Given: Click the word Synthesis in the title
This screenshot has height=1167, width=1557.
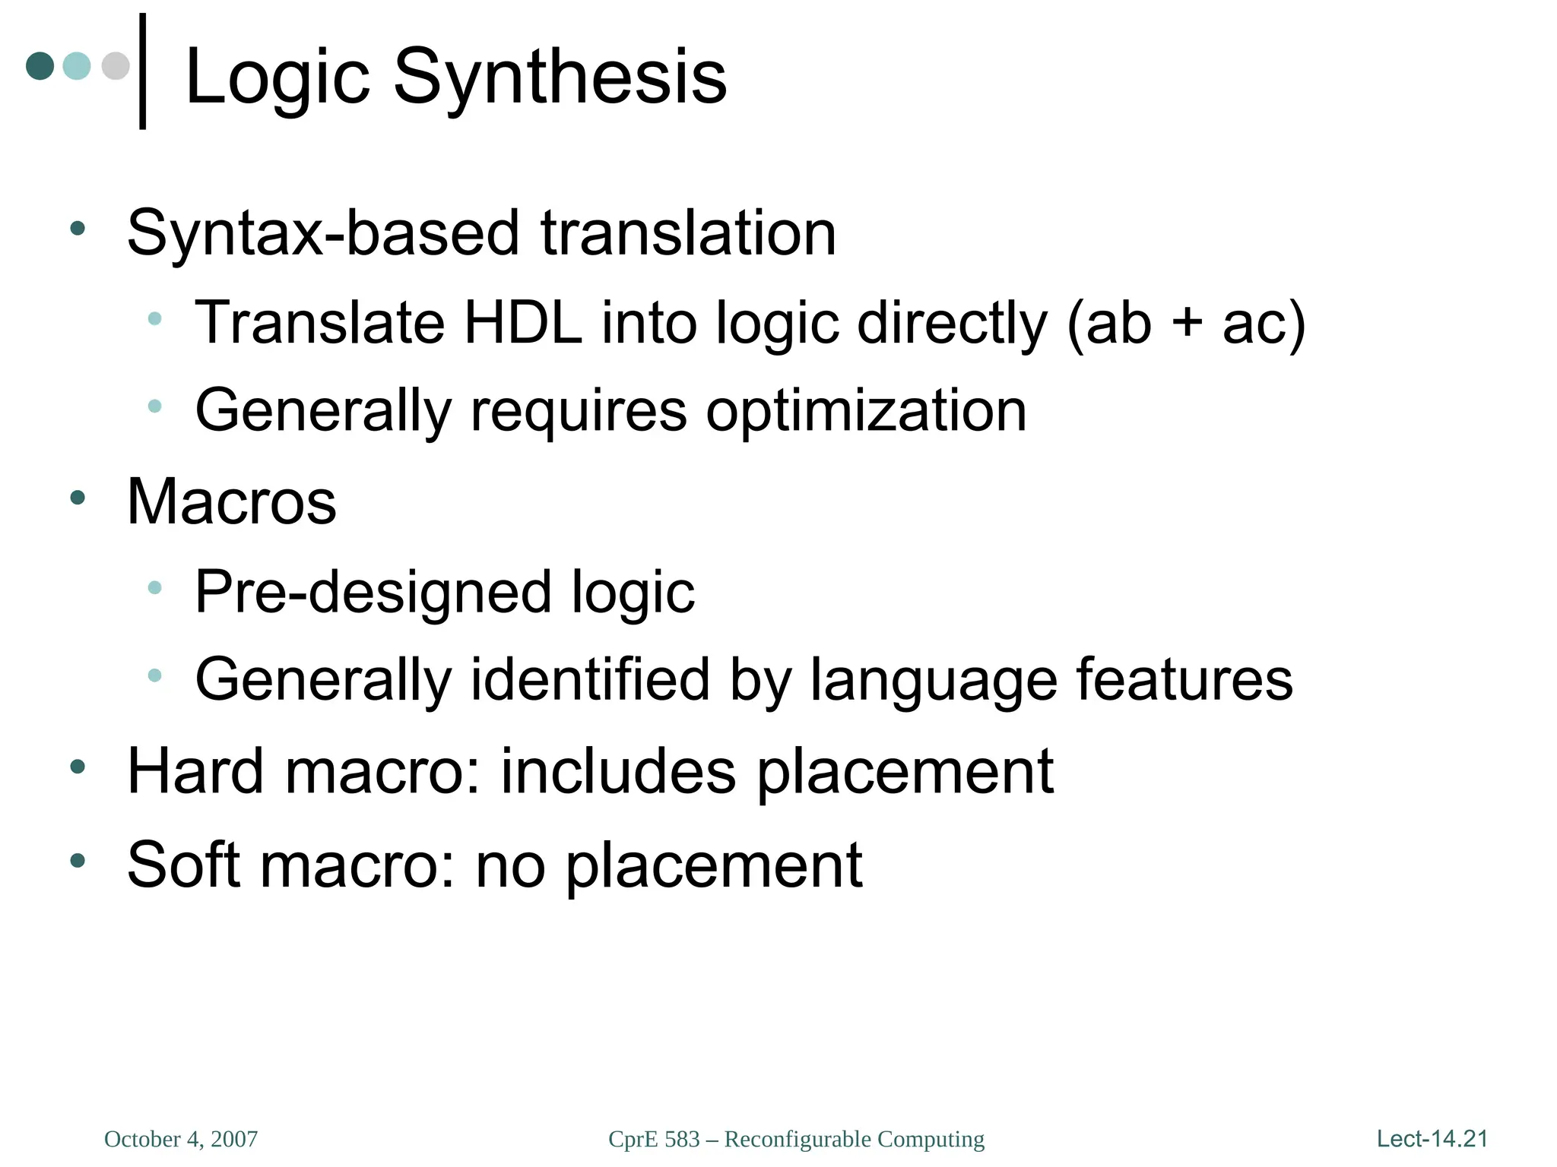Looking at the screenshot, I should [x=560, y=77].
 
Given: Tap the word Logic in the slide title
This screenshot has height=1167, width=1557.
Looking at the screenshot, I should [x=277, y=77].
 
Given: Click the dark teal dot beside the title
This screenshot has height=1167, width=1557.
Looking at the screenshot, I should [x=40, y=65].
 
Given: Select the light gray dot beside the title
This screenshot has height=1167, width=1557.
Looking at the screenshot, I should [x=116, y=65].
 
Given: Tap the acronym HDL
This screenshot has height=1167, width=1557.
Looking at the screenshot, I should [x=523, y=323].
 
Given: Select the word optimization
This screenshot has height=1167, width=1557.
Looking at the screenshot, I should [x=866, y=411].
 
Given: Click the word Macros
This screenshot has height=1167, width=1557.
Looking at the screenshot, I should [x=232, y=502].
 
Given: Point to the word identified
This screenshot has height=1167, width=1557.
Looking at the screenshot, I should [x=591, y=679].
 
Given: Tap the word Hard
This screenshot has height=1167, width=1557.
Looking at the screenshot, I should [x=195, y=772].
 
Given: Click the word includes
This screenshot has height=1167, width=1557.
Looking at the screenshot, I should [x=618, y=772].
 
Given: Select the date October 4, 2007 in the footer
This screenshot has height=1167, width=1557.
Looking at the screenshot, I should [x=181, y=1139].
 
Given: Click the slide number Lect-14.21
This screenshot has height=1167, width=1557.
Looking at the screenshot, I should [x=1432, y=1138].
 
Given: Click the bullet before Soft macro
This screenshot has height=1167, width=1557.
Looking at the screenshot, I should [x=78, y=860].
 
